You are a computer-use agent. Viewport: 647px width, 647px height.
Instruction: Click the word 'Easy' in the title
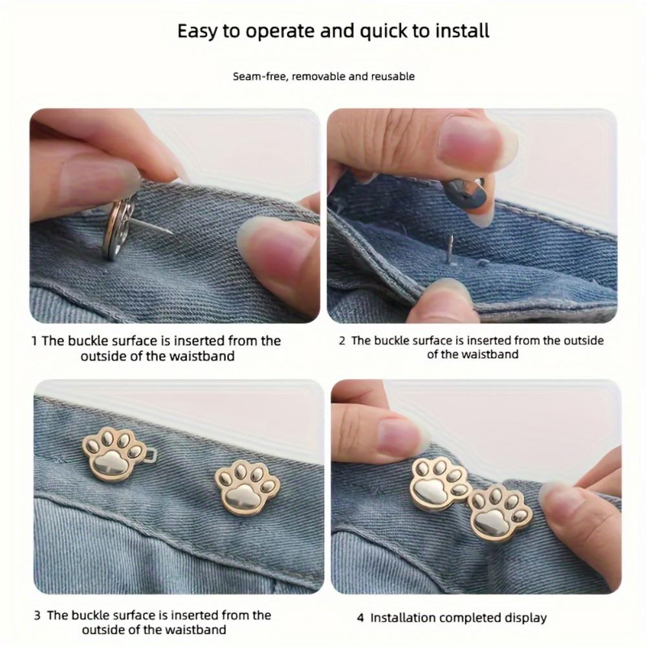(197, 31)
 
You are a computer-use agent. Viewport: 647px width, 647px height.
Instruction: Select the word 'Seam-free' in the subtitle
(260, 76)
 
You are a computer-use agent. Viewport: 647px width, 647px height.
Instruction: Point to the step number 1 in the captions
(34, 341)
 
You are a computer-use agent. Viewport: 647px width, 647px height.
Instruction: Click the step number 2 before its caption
(342, 341)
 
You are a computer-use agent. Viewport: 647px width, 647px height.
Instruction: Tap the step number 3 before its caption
(38, 615)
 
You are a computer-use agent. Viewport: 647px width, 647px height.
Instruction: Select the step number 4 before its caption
(360, 618)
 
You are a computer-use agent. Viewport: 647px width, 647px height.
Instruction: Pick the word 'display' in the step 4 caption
(525, 618)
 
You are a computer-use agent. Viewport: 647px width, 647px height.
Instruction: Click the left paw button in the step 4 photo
(440, 484)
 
